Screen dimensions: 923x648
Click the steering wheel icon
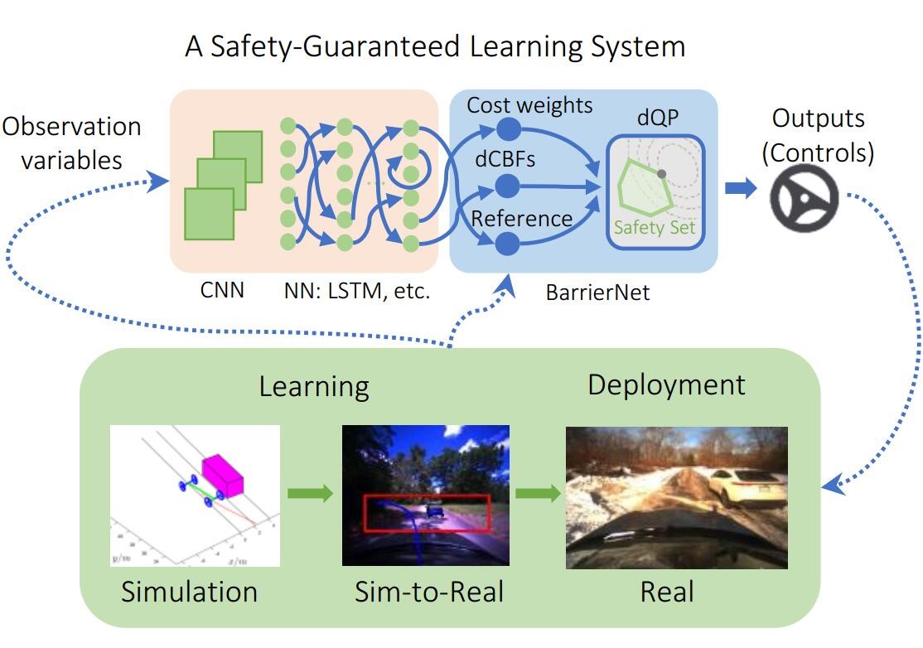[804, 197]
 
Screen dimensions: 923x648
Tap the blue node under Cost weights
[507, 129]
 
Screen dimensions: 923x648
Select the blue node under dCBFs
[507, 186]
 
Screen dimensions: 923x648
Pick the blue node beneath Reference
[507, 244]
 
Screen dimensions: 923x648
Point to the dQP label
[657, 118]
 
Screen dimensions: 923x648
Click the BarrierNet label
[587, 292]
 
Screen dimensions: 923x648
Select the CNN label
[223, 290]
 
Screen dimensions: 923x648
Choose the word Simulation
[189, 592]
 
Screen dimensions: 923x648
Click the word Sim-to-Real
[428, 592]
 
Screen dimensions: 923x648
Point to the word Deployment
[666, 384]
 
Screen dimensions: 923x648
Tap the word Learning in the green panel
[313, 387]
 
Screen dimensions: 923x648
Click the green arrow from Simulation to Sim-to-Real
[310, 494]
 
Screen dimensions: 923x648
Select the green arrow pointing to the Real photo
[537, 494]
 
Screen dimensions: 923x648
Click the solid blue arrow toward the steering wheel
[741, 188]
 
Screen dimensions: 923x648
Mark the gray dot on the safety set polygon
[661, 174]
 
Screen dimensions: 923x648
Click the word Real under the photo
[667, 592]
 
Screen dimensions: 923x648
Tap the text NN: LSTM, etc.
[356, 291]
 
